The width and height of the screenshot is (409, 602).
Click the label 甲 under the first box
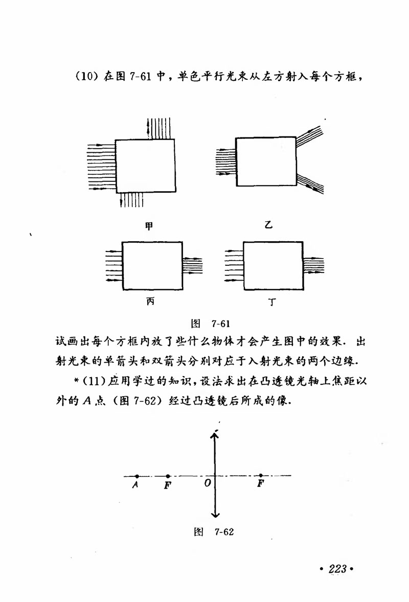(x=149, y=225)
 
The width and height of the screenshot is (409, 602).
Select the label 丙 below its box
(x=150, y=302)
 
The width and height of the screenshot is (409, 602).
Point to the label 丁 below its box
(x=272, y=303)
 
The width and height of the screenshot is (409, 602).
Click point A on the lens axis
(x=137, y=476)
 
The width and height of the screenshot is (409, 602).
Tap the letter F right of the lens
(x=261, y=483)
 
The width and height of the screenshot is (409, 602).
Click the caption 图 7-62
(x=214, y=531)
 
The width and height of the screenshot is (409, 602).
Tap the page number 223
(x=337, y=569)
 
